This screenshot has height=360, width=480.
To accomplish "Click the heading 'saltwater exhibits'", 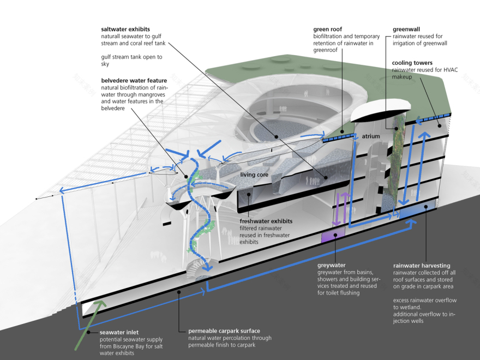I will (125, 29).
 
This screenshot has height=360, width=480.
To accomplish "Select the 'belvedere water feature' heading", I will (134, 80).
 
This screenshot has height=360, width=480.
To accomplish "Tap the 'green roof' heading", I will (328, 29).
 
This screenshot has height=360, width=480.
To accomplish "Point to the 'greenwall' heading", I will (406, 29).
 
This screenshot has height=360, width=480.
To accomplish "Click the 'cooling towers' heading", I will (412, 63).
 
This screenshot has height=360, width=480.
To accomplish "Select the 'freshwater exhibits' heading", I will (266, 221).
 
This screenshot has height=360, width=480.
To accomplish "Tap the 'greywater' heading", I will (333, 266).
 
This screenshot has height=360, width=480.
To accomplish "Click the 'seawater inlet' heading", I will (120, 332).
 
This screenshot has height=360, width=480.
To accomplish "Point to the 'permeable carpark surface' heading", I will (224, 331).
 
